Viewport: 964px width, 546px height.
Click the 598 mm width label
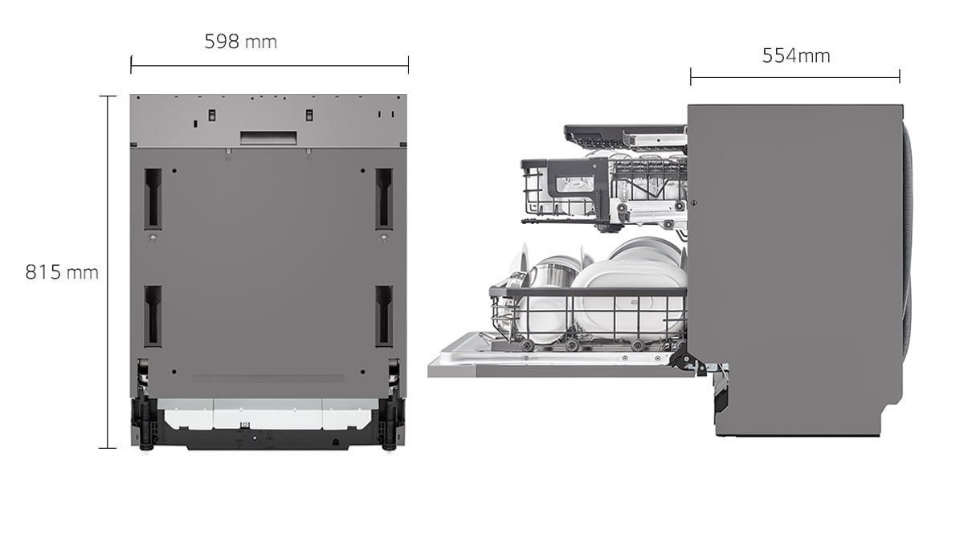coord(240,42)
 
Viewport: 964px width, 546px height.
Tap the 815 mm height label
coord(62,272)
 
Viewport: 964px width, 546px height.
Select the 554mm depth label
coord(795,55)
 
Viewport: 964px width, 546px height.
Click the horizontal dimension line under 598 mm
coord(269,65)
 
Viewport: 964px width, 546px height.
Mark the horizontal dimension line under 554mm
coord(794,78)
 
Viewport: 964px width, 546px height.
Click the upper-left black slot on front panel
coord(153,199)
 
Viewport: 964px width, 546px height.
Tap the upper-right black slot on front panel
coord(384,198)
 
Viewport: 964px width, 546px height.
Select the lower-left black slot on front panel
coord(153,316)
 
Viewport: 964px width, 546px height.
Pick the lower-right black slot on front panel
coord(384,316)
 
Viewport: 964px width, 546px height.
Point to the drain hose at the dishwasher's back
coord(907,241)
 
